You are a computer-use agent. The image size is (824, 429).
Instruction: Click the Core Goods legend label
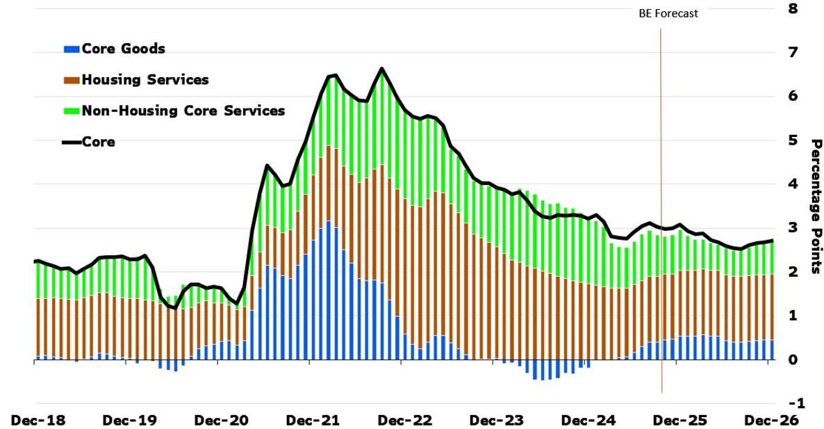pos(123,49)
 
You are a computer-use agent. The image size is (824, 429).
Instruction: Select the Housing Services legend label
pos(145,79)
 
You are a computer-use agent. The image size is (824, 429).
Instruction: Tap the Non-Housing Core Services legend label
pos(183,110)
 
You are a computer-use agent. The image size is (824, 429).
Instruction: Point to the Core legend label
pos(99,142)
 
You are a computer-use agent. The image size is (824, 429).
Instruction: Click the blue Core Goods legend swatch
pos(72,49)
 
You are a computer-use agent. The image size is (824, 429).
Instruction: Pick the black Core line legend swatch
pos(72,143)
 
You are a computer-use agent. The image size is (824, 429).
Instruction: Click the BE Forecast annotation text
pos(668,13)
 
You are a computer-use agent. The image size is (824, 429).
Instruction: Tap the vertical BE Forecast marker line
pos(661,209)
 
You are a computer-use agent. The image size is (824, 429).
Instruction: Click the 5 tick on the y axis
pos(793,140)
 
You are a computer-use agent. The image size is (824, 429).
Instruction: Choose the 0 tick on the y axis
pos(793,359)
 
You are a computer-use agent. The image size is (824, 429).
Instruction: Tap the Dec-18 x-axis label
pos(34,420)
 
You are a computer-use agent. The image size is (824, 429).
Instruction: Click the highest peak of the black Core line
pos(382,68)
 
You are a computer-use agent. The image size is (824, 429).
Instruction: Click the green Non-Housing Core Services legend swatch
pos(72,111)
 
